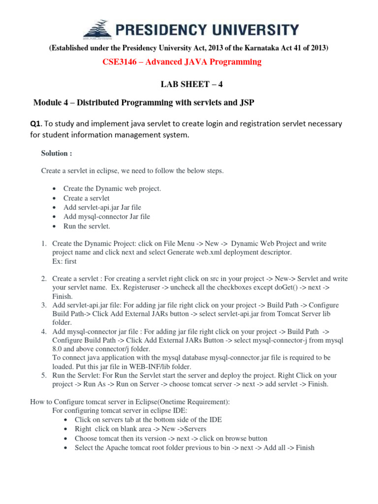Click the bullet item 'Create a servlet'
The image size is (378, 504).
click(87, 198)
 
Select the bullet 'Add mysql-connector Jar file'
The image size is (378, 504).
click(107, 217)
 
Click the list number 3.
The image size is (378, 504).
click(43, 306)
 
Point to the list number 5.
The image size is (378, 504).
click(43, 376)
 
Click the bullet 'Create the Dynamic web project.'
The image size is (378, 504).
click(112, 189)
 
